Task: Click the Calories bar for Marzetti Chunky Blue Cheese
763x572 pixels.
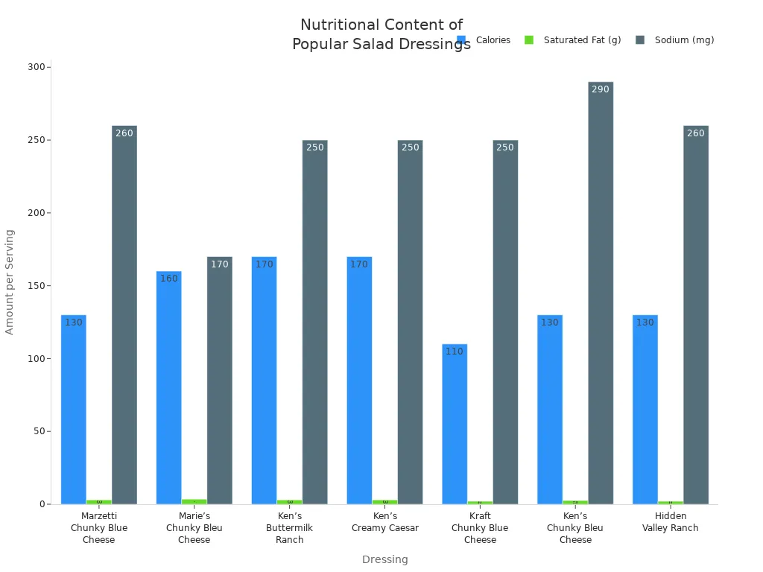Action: click(x=74, y=410)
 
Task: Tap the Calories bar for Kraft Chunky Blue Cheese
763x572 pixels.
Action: click(x=455, y=424)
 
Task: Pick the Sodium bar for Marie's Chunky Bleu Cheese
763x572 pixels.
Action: click(x=219, y=380)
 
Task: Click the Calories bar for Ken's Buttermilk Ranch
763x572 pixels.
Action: click(x=264, y=380)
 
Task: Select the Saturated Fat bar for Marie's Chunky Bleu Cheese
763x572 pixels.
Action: click(x=194, y=501)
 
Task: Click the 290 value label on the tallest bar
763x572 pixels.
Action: click(x=601, y=89)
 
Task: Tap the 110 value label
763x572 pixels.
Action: click(x=455, y=352)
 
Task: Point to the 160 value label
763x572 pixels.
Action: click(x=169, y=279)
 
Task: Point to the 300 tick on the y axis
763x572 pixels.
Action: click(x=36, y=67)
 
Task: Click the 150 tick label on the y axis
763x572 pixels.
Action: click(x=36, y=286)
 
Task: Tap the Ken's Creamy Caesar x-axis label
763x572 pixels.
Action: click(x=385, y=522)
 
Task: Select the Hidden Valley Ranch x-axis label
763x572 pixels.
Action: click(x=671, y=522)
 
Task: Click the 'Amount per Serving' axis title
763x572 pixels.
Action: click(x=10, y=282)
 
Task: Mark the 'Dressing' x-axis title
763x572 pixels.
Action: click(x=385, y=559)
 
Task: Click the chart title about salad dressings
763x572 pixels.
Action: click(x=381, y=34)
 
